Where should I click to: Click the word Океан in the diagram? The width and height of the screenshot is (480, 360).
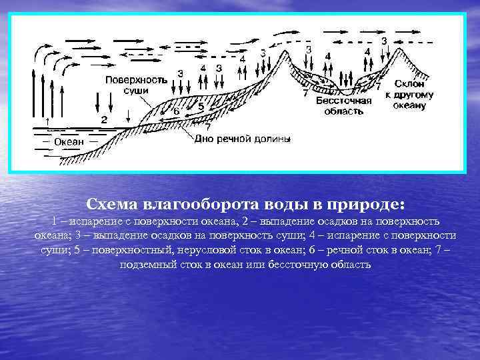(69, 141)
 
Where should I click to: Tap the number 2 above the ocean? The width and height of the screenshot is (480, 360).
(104, 119)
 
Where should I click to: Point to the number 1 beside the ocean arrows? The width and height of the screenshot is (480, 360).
(47, 120)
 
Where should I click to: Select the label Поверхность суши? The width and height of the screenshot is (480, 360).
(135, 85)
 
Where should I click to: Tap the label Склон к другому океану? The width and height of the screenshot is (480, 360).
(409, 95)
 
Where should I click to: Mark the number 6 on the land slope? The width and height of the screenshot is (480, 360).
(177, 111)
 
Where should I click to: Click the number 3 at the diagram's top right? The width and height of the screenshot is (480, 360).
(384, 41)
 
